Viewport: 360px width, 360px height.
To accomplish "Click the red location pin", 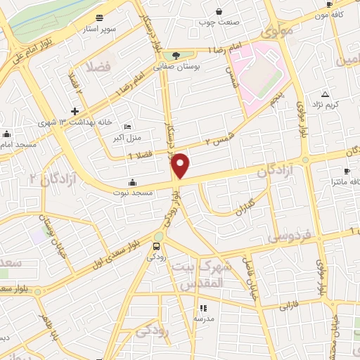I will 181,166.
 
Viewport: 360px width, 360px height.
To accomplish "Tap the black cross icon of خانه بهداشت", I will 75,111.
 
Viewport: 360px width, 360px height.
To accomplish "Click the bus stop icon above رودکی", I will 156,246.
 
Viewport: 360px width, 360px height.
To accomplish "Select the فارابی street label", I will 290,307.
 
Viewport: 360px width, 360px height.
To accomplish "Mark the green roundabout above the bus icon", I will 159,236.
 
